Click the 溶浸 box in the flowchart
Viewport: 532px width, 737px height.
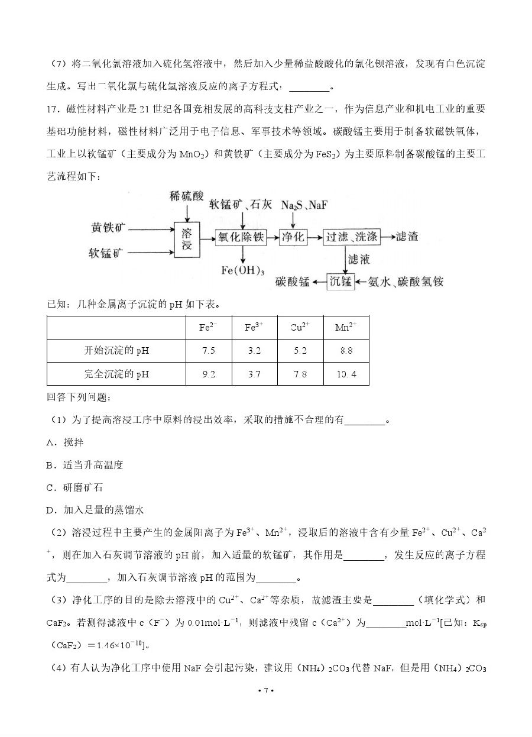click(187, 238)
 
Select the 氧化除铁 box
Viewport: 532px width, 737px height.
click(241, 237)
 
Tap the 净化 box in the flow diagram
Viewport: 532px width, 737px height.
click(293, 237)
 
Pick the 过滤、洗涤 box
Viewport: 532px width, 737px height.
click(352, 237)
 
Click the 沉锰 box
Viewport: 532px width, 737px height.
click(341, 281)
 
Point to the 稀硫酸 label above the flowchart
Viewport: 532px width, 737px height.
click(186, 196)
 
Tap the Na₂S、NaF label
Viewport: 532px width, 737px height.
click(304, 205)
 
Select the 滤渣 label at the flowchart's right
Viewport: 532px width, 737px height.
click(407, 237)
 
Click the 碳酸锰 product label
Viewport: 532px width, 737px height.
click(292, 282)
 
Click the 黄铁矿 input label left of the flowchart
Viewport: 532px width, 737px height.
click(109, 228)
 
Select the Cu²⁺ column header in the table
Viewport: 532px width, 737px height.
click(300, 327)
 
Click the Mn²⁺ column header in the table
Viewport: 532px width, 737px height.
click(346, 327)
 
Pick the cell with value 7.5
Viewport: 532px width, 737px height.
click(208, 351)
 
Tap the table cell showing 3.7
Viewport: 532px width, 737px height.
click(254, 374)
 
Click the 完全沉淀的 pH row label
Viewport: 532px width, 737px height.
click(116, 374)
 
